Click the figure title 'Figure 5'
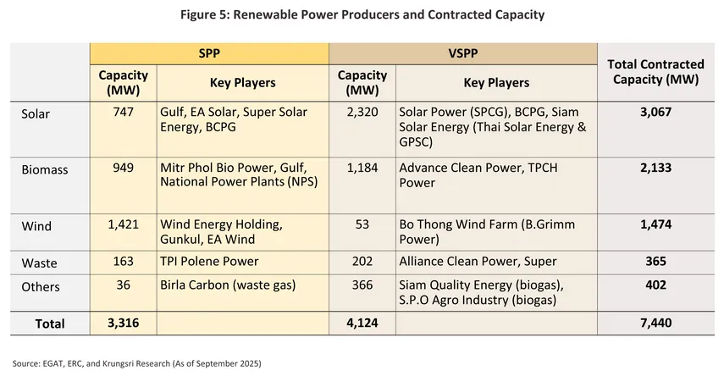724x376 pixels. coord(362,15)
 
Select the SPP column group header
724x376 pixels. coord(208,53)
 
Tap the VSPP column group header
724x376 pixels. coord(462,53)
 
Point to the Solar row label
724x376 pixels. coord(36,114)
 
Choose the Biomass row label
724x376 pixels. coord(44,169)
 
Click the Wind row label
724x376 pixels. coord(36,226)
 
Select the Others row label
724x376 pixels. coord(40,286)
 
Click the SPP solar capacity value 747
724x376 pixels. coord(123,112)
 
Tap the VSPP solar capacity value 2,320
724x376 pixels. coord(362,112)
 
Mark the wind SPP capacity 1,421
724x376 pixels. coord(123,224)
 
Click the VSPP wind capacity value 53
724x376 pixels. coord(362,224)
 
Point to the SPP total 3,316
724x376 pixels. coord(123,323)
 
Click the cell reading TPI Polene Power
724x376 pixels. coord(209,263)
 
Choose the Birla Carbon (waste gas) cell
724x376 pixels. coord(227,285)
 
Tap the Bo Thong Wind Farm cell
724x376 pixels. coord(489,232)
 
